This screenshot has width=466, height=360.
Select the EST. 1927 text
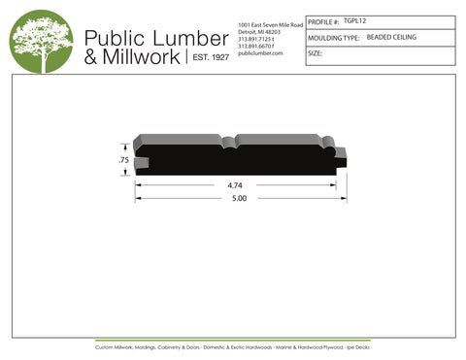(x=207, y=58)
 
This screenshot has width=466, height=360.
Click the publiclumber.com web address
(x=259, y=53)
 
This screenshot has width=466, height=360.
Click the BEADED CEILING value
(x=390, y=37)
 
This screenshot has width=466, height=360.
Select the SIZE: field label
(x=316, y=53)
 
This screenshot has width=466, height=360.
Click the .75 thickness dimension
(x=123, y=158)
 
